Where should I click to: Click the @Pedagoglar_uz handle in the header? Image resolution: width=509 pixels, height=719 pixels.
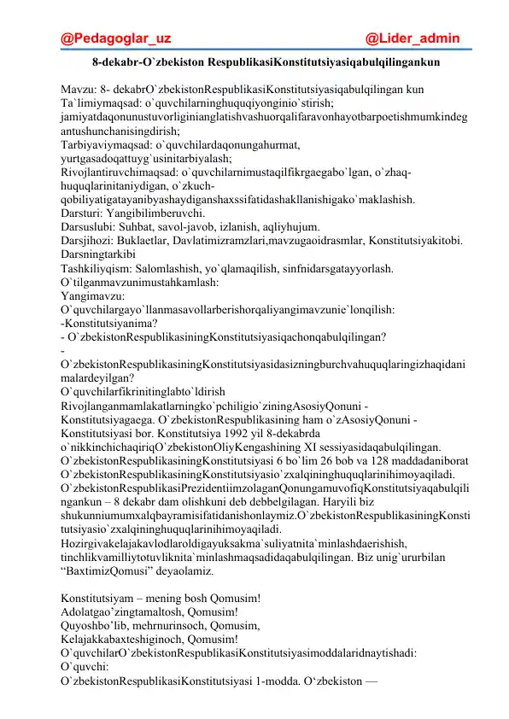point(116,38)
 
